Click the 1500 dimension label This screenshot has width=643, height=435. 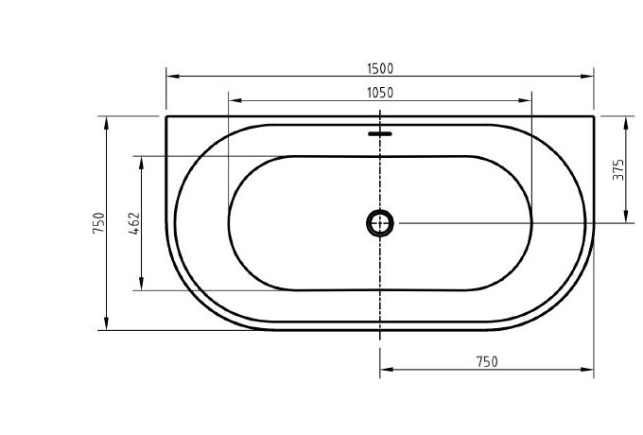tap(380, 68)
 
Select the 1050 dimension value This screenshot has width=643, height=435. tap(380, 93)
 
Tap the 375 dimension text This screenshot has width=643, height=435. tap(618, 169)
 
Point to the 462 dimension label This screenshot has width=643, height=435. tap(134, 223)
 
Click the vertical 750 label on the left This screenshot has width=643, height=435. tap(99, 222)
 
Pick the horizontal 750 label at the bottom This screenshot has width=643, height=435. tap(487, 361)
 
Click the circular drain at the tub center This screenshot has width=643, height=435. tap(380, 223)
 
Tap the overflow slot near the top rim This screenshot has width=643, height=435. tap(380, 133)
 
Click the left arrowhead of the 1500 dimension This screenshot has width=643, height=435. tap(173, 77)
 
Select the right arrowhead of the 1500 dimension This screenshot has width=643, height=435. tap(587, 77)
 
